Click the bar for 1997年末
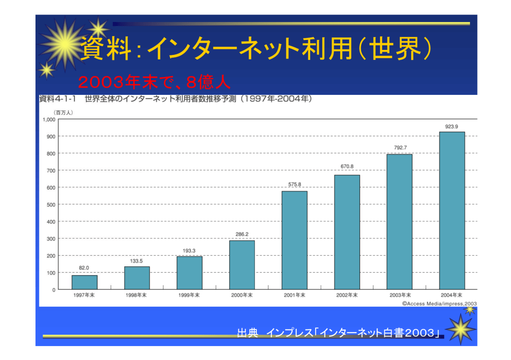pyautogui.click(x=84, y=282)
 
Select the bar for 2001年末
pyautogui.click(x=295, y=240)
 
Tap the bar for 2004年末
pyautogui.click(x=452, y=210)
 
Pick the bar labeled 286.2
pyautogui.click(x=242, y=265)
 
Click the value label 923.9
pyautogui.click(x=452, y=126)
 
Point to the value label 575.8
pyautogui.click(x=295, y=185)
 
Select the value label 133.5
pyautogui.click(x=137, y=261)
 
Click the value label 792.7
pyautogui.click(x=400, y=147)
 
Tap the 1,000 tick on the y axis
pyautogui.click(x=48, y=119)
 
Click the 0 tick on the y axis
pyautogui.click(x=53, y=290)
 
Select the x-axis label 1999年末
pyautogui.click(x=189, y=295)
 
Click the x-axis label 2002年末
pyautogui.click(x=347, y=295)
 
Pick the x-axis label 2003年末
pyautogui.click(x=400, y=295)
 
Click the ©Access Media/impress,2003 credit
pyautogui.click(x=440, y=303)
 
